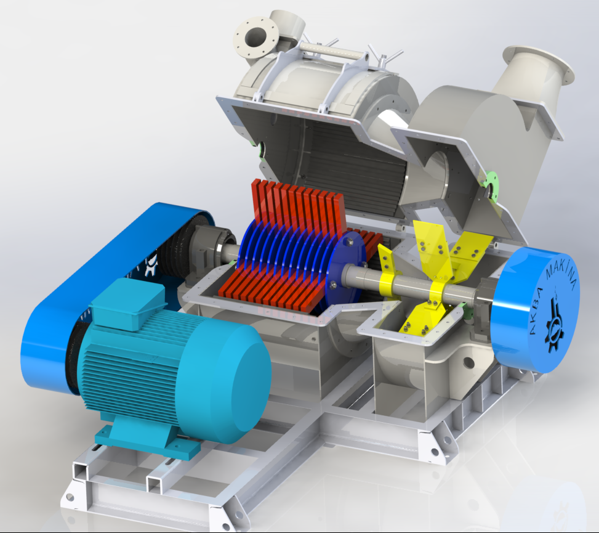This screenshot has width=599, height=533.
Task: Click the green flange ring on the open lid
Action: [x=491, y=188]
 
